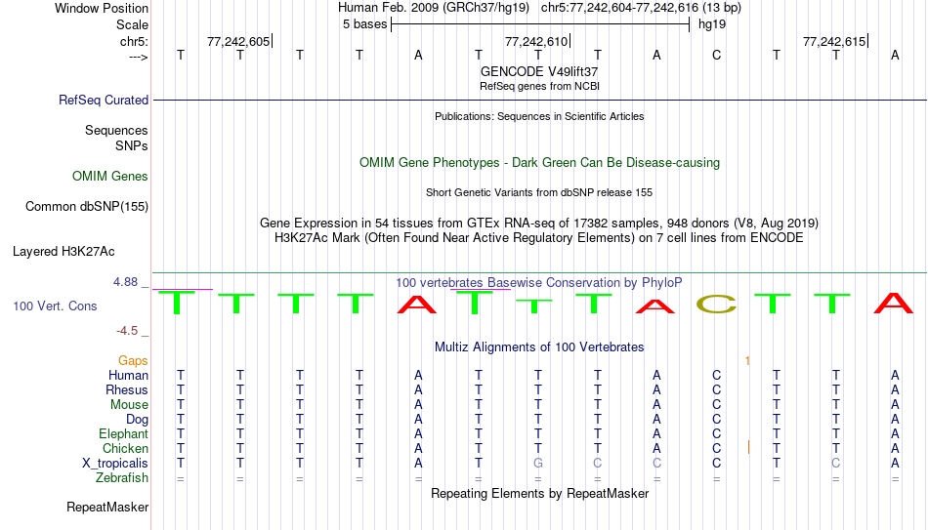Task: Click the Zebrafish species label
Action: click(122, 478)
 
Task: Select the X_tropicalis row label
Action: click(115, 464)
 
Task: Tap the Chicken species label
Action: click(125, 448)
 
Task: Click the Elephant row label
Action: click(124, 434)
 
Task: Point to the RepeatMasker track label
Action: click(107, 507)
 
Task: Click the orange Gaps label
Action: click(133, 361)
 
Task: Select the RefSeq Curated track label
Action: click(104, 100)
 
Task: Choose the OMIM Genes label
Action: click(110, 177)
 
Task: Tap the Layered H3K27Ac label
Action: click(63, 252)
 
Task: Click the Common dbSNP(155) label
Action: click(87, 207)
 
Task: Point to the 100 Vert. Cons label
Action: click(55, 306)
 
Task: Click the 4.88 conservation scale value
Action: click(125, 282)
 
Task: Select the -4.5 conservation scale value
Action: click(127, 331)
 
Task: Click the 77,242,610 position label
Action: click(536, 41)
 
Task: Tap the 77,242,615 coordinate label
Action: click(834, 41)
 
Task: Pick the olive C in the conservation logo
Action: click(716, 304)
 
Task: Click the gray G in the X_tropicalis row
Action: click(538, 464)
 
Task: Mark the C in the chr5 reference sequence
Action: click(716, 55)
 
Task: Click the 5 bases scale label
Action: click(364, 24)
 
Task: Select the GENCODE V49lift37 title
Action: click(539, 71)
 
